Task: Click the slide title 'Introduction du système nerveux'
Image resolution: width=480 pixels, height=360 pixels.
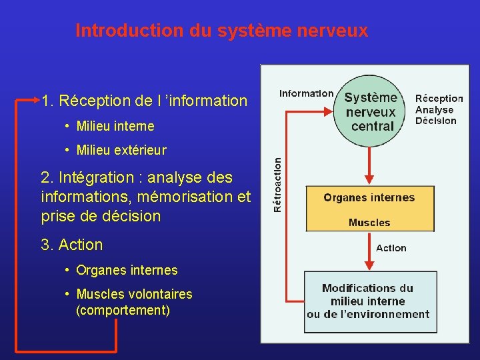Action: pos(221,31)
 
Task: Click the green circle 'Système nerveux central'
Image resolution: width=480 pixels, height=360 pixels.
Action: pos(370,111)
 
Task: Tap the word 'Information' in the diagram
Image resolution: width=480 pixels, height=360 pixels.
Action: pos(306,94)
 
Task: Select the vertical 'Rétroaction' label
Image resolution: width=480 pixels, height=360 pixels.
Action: pos(278,184)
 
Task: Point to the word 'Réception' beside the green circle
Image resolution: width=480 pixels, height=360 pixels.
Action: pos(439,98)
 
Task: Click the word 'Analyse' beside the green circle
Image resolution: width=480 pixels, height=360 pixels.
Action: pos(434,109)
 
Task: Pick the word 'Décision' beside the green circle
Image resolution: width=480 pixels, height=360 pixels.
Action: pos(435,121)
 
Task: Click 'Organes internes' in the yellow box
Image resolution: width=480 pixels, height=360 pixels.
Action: pos(369,197)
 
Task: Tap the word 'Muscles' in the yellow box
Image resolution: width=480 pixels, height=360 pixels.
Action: pos(369,223)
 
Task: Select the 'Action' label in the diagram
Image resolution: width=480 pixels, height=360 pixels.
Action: pos(391,248)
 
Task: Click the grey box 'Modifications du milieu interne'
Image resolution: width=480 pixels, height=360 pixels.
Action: pos(369,301)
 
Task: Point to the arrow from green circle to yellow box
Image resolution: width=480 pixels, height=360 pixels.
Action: pos(369,165)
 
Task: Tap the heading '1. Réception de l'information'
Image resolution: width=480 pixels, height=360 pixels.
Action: pos(144,101)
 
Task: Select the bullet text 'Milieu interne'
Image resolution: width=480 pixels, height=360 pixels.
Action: pos(115,126)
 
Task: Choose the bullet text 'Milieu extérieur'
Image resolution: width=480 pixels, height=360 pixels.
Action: pos(121,151)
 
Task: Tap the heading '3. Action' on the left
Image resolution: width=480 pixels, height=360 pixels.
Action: pos(72,245)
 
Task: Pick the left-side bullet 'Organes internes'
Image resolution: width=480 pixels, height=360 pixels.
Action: pos(127,270)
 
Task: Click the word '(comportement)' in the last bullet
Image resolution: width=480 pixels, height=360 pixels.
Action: pos(123,311)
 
